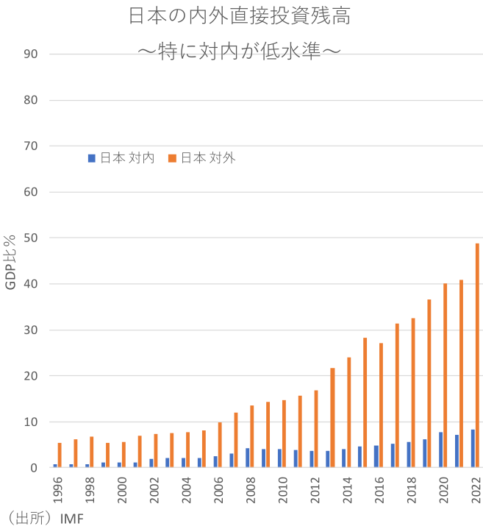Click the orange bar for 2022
click(x=477, y=355)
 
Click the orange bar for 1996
click(x=60, y=455)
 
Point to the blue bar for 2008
click(x=248, y=458)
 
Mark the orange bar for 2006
click(x=220, y=444)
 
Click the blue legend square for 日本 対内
click(x=92, y=157)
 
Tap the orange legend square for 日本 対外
click(x=172, y=157)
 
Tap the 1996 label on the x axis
click(x=58, y=489)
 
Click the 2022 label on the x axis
click(x=476, y=489)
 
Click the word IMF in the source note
click(x=72, y=519)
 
